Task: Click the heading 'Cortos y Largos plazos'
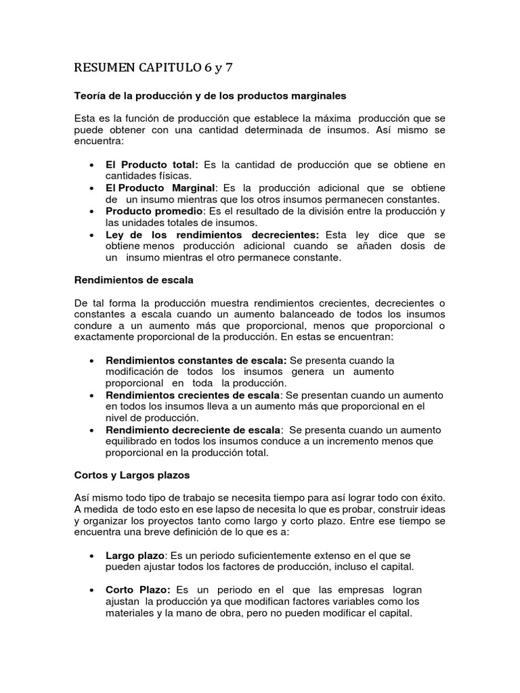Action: (132, 475)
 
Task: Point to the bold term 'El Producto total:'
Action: (152, 164)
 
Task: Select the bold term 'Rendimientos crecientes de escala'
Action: (192, 395)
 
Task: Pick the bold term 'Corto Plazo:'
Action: (137, 590)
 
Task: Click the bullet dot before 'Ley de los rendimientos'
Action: (91, 235)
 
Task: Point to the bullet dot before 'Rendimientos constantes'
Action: (91, 360)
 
